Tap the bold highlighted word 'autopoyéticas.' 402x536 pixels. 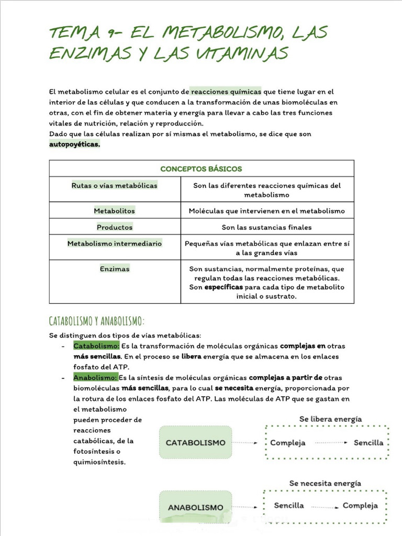tap(74, 144)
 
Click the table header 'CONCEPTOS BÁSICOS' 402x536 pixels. tap(201, 169)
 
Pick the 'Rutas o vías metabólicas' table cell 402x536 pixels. tap(114, 185)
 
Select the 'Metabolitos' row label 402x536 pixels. tap(114, 210)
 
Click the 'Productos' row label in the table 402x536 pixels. tap(115, 227)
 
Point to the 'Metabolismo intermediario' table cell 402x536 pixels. tap(114, 243)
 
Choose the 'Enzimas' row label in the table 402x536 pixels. tap(115, 269)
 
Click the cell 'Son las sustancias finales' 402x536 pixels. tap(266, 227)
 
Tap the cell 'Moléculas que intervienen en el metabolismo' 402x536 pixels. tap(266, 211)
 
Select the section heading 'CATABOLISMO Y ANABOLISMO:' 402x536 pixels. tap(96, 320)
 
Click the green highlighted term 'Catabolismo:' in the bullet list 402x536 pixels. tap(97, 346)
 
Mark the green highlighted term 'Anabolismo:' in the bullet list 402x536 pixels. tap(96, 377)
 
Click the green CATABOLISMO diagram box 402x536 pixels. tap(195, 442)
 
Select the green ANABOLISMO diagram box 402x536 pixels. tap(195, 507)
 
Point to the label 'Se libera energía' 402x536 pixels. tap(330, 419)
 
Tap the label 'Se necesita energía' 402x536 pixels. tap(325, 484)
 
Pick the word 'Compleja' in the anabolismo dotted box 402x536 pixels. tap(360, 506)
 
